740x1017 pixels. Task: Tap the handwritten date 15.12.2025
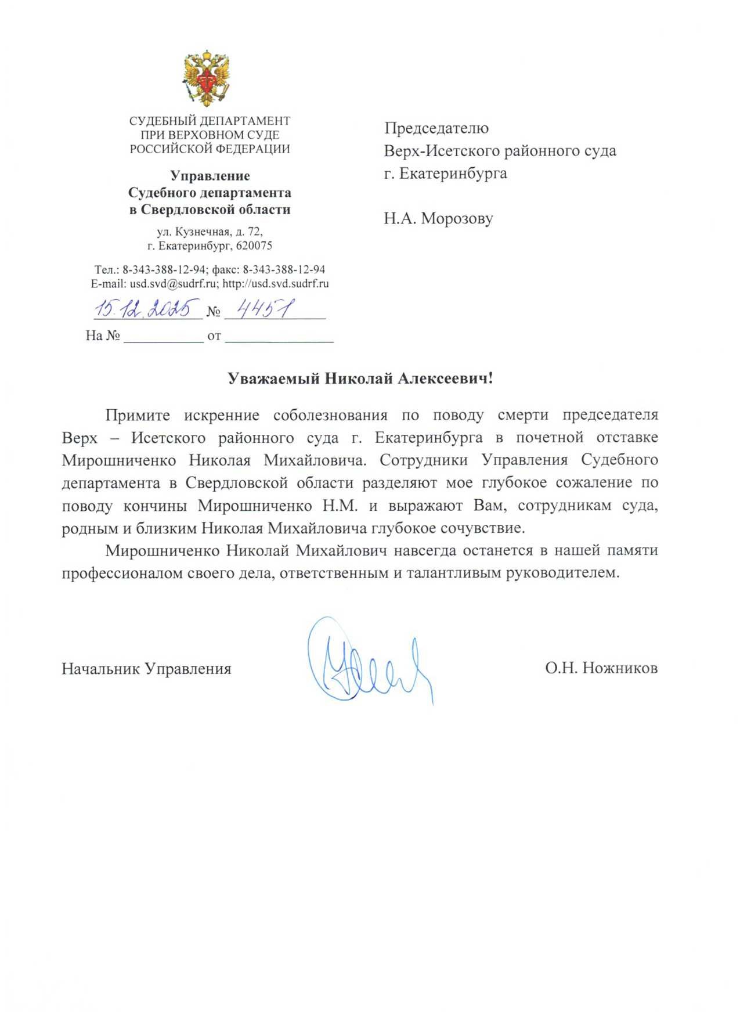[x=146, y=308]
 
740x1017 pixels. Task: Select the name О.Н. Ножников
[x=601, y=668]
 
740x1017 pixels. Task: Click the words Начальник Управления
[x=146, y=669]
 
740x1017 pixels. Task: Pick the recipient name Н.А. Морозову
[x=438, y=218]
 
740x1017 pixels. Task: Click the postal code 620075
[x=254, y=246]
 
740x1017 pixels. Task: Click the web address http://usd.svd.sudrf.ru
[x=276, y=284]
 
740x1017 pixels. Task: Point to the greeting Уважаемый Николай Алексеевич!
[x=360, y=378]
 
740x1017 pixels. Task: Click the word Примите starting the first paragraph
[x=138, y=415]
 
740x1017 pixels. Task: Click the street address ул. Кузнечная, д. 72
[x=210, y=232]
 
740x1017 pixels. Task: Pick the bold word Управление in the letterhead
[x=210, y=176]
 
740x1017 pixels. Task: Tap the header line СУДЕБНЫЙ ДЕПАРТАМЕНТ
[x=210, y=121]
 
